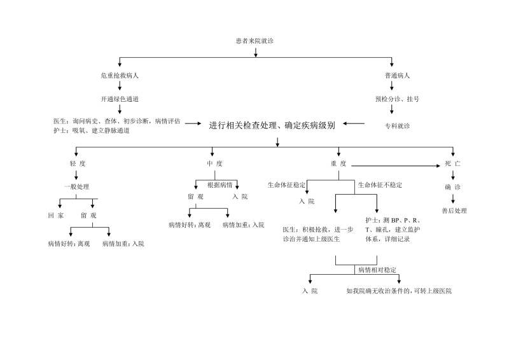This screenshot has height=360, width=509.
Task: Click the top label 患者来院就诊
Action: coord(255,41)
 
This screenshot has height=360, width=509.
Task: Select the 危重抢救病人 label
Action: coord(120,76)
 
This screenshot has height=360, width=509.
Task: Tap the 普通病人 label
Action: coord(397,76)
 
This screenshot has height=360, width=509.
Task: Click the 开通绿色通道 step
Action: coord(120,99)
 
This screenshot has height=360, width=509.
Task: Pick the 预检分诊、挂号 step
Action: coord(397,99)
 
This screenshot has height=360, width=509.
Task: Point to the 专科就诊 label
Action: coord(397,126)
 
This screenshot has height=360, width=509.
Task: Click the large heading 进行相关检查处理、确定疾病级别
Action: coord(272,125)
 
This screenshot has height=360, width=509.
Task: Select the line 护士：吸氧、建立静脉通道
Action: coord(92,130)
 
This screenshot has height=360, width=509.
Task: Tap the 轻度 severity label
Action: coord(78,163)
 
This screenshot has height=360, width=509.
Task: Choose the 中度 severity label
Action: coord(214,163)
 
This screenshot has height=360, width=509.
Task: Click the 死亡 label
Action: coord(452,163)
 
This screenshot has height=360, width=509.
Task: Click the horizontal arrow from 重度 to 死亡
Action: coord(396,166)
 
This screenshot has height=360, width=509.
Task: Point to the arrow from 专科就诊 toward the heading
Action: coord(354,123)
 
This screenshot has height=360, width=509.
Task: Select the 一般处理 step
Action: coord(76,187)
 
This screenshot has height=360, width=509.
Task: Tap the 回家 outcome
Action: coord(56,216)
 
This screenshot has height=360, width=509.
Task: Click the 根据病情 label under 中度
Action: coord(220,185)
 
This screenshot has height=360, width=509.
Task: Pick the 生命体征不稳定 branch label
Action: coord(380,185)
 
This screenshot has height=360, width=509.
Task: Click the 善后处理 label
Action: coord(454,211)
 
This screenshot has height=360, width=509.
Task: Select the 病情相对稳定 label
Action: coord(377,270)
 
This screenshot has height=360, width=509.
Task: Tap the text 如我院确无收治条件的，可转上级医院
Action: coord(399,291)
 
